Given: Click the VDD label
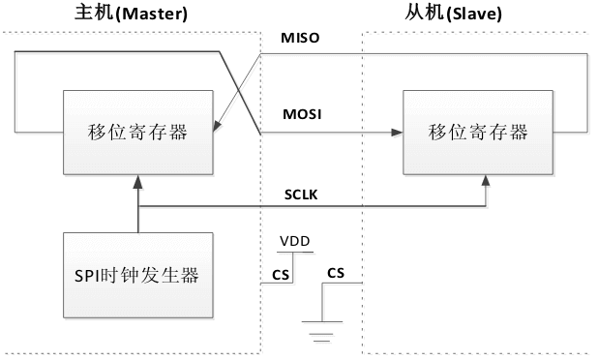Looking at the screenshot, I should pos(295,240).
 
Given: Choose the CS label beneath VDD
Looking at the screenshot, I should pos(282,273).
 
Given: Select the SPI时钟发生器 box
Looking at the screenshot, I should pos(138,275).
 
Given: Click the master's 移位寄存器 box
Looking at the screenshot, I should pos(138,134).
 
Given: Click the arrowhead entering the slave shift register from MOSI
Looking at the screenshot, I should pos(398,134).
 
